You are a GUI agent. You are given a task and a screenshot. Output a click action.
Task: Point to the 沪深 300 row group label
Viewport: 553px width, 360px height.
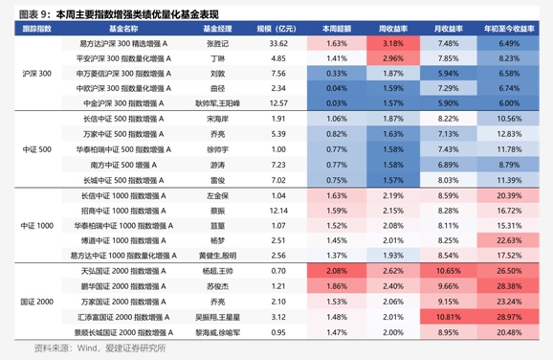pyautogui.click(x=36, y=73)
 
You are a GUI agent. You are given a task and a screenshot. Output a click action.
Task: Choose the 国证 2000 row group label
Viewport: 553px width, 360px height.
pyautogui.click(x=36, y=302)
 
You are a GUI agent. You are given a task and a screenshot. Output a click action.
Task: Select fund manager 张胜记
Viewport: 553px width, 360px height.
pyautogui.click(x=217, y=44)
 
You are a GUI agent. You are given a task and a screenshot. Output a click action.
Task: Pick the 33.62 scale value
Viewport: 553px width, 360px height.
pyautogui.click(x=277, y=44)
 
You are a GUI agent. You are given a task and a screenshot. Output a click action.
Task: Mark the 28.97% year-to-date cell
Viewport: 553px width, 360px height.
pyautogui.click(x=509, y=316)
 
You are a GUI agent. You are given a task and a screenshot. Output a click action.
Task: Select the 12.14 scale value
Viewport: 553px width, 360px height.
pyautogui.click(x=277, y=210)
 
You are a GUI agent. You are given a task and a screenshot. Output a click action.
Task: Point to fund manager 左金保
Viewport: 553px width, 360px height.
pyautogui.click(x=217, y=194)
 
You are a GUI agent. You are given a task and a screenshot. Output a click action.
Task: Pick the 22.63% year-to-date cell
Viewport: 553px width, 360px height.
pyautogui.click(x=509, y=240)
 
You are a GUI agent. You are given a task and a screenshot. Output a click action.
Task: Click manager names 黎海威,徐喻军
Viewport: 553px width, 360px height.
pyautogui.click(x=217, y=331)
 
